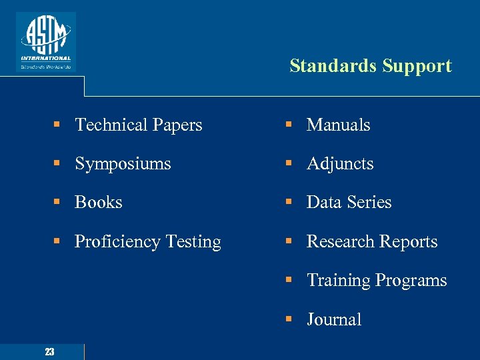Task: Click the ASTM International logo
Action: [46, 41]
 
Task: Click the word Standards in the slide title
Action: [332, 66]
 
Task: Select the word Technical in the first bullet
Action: [111, 125]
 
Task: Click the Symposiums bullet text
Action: [123, 164]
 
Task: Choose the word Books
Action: [99, 202]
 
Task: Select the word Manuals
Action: [338, 125]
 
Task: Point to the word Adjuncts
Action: [340, 164]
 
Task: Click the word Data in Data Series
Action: [323, 202]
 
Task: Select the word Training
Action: [338, 281]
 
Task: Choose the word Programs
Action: [411, 281]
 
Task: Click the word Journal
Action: [334, 319]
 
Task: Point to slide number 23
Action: [49, 352]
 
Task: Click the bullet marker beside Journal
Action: [289, 320]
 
